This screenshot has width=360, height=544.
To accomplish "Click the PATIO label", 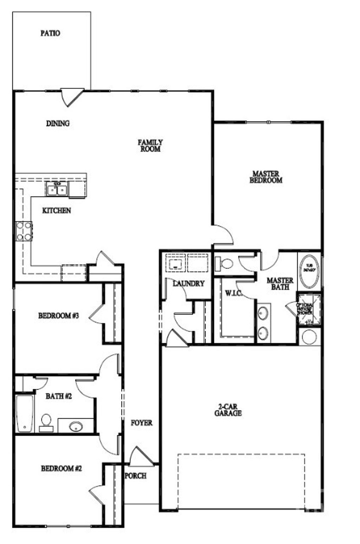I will [x=50, y=33].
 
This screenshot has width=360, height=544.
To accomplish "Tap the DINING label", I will [x=58, y=123].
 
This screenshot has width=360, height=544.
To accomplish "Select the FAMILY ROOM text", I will [x=150, y=145].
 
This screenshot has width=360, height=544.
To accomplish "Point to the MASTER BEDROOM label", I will [x=266, y=177].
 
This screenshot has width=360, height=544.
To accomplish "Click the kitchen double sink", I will [x=57, y=189].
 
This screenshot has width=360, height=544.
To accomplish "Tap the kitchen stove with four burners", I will [x=24, y=231].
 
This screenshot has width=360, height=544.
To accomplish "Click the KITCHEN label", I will [x=57, y=211].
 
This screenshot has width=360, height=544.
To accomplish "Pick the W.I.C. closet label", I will [x=233, y=293].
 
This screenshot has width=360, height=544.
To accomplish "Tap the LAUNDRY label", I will [x=188, y=284].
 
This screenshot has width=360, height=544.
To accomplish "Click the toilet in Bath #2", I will [x=46, y=421].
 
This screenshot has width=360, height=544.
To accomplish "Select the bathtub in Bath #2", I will [x=25, y=413].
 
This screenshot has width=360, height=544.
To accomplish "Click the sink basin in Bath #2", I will [x=76, y=427].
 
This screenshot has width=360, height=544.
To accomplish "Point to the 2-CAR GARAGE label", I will [x=228, y=410].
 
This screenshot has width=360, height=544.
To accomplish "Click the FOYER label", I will [x=142, y=423].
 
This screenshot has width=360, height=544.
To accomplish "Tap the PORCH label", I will [x=136, y=475].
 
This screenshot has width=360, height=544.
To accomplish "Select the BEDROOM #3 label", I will [x=59, y=316].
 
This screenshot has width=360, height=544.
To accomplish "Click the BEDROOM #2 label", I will [x=62, y=468].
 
